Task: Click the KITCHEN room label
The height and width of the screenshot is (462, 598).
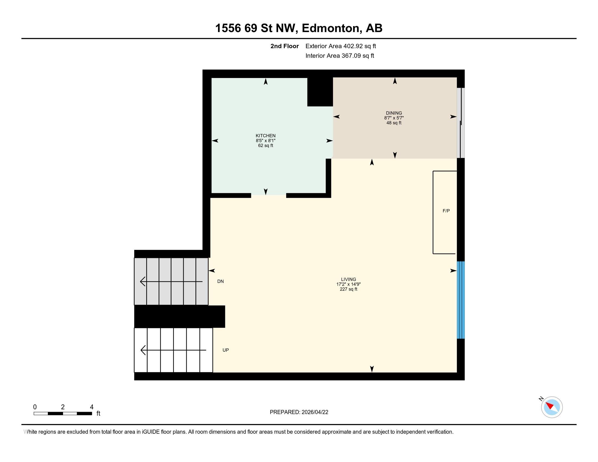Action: pyautogui.click(x=265, y=136)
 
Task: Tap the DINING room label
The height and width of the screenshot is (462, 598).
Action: pyautogui.click(x=394, y=113)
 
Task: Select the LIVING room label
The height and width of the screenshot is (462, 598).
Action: pyautogui.click(x=348, y=279)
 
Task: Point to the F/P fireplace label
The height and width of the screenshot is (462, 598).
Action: pyautogui.click(x=446, y=211)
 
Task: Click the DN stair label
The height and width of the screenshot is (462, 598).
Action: pyautogui.click(x=220, y=281)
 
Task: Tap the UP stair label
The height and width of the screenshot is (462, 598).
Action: pyautogui.click(x=226, y=350)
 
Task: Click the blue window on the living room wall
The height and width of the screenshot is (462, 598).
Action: pyautogui.click(x=460, y=300)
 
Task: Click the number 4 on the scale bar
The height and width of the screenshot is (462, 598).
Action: pyautogui.click(x=92, y=407)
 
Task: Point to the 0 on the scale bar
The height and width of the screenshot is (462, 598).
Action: pyautogui.click(x=35, y=407)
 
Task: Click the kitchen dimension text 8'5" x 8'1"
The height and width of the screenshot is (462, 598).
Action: pyautogui.click(x=265, y=141)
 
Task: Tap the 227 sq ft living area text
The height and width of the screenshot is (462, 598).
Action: pyautogui.click(x=348, y=289)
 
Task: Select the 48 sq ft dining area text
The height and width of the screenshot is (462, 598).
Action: pyautogui.click(x=394, y=123)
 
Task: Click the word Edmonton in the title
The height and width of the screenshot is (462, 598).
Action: pyautogui.click(x=331, y=28)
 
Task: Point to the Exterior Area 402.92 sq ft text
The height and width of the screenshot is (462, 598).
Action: pyautogui.click(x=341, y=46)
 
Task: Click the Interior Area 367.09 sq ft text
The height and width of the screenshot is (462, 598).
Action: pyautogui.click(x=340, y=55)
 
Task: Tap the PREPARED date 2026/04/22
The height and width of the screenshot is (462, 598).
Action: pyautogui.click(x=315, y=412)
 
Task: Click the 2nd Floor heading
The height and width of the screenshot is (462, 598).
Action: pyautogui.click(x=285, y=46)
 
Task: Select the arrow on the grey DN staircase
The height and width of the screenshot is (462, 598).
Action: pyautogui.click(x=171, y=281)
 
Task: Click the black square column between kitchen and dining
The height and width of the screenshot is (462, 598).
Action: pyautogui.click(x=320, y=92)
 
